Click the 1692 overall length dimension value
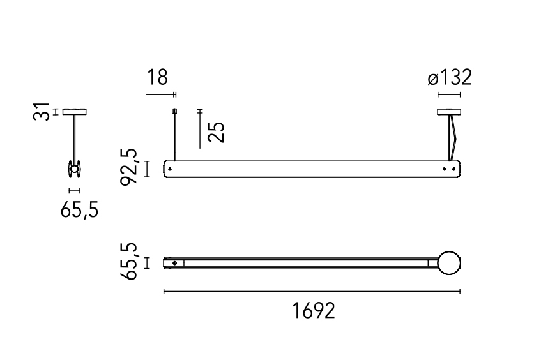[x=314, y=310]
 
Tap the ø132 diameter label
[x=450, y=78]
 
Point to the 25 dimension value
[x=217, y=132]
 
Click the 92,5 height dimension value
[x=129, y=167]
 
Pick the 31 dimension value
[x=42, y=111]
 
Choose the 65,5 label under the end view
[x=79, y=209]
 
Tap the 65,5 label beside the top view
[x=129, y=261]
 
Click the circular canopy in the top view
[x=449, y=263]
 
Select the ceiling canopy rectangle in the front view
[x=449, y=112]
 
